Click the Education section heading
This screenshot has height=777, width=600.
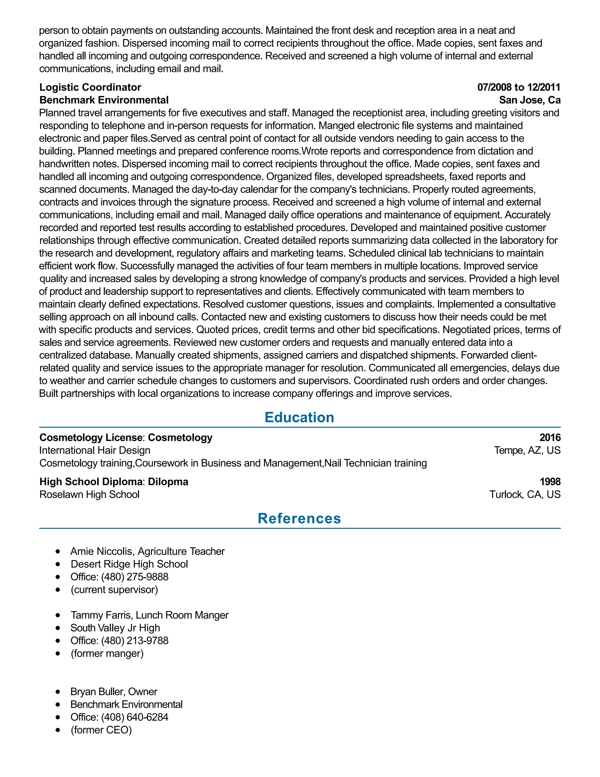pyautogui.click(x=299, y=417)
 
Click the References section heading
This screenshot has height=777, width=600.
pyautogui.click(x=299, y=518)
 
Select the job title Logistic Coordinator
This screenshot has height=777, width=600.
pyautogui.click(x=90, y=87)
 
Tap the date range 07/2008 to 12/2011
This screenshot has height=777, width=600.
pyautogui.click(x=519, y=87)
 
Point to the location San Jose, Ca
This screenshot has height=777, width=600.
pyautogui.click(x=530, y=100)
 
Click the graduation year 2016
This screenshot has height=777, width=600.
pyautogui.click(x=550, y=437)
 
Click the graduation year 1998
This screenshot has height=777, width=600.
pyautogui.click(x=550, y=482)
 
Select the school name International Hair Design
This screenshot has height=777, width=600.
pyautogui.click(x=95, y=450)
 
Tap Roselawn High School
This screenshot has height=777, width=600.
pyautogui.click(x=90, y=495)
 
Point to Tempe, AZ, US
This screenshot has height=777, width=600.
pyautogui.click(x=527, y=450)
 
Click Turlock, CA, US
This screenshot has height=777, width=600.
pyautogui.click(x=525, y=495)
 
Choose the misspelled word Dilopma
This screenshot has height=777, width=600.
pyautogui.click(x=168, y=482)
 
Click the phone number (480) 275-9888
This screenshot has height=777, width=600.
pyautogui.click(x=135, y=577)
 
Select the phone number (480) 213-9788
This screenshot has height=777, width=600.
pyautogui.click(x=135, y=640)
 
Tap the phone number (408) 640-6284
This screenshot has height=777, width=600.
pyautogui.click(x=135, y=717)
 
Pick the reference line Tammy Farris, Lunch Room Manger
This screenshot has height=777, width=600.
pyautogui.click(x=149, y=615)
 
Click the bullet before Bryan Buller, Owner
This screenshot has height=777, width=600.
pyautogui.click(x=58, y=692)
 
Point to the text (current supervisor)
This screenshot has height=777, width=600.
pyautogui.click(x=114, y=590)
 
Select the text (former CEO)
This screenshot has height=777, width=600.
pyautogui.click(x=101, y=730)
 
